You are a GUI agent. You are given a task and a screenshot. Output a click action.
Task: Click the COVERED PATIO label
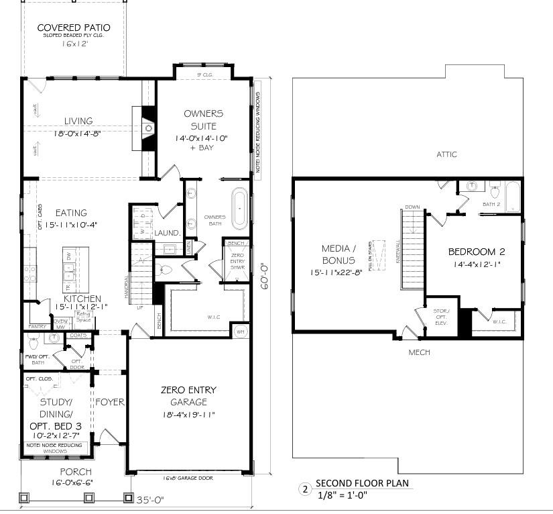[x=74, y=28]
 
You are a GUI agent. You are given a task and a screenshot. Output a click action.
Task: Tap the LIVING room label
[x=78, y=121]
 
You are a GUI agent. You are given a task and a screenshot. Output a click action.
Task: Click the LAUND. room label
[x=167, y=233]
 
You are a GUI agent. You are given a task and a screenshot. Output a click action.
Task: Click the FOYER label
[x=110, y=403]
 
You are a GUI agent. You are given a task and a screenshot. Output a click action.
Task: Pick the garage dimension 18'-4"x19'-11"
[x=188, y=414]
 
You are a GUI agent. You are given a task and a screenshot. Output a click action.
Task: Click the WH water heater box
[x=241, y=331]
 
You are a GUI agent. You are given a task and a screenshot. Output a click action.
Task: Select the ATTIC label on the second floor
[x=446, y=154]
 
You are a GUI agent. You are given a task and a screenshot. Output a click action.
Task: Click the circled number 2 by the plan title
[x=305, y=490]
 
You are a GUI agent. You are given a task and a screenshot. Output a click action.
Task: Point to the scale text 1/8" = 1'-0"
[x=342, y=495]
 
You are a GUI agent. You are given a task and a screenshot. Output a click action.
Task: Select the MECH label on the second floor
[x=420, y=352]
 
